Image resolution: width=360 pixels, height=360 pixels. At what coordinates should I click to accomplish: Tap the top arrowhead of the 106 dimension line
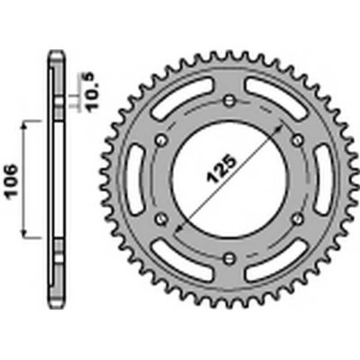(24, 123)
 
